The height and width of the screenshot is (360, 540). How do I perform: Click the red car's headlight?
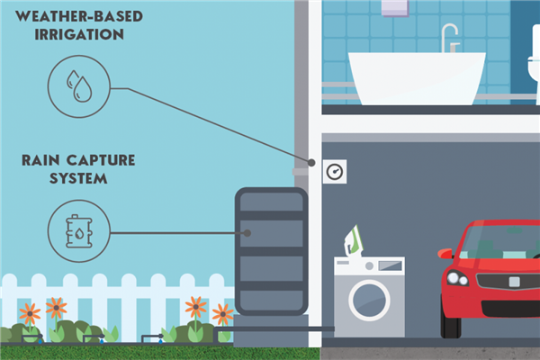click(x=457, y=278)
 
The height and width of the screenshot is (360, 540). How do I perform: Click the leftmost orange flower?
click(x=30, y=313)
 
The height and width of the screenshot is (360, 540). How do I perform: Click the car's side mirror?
click(x=445, y=253)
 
